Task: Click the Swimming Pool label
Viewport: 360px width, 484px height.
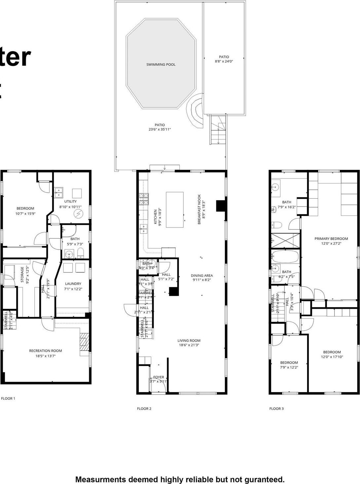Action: (161, 64)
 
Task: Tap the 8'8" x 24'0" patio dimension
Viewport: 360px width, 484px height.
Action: (224, 61)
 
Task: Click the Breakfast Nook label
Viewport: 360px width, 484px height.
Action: (199, 209)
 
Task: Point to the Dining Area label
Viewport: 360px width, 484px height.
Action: (202, 275)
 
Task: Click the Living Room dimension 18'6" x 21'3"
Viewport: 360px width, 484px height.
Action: (189, 345)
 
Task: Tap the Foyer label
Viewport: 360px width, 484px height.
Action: (159, 377)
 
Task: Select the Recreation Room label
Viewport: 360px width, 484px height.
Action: (46, 351)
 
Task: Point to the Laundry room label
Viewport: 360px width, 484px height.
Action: (73, 284)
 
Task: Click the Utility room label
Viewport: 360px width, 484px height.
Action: (70, 201)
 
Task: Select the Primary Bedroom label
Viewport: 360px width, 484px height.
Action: (331, 239)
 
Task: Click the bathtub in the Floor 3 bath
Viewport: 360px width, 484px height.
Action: (285, 256)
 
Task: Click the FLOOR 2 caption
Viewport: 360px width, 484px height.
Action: (144, 409)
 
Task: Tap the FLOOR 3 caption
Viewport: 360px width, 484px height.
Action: (276, 409)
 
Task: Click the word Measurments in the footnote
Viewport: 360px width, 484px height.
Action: (101, 479)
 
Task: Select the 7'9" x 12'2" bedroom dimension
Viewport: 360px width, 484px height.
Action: (289, 367)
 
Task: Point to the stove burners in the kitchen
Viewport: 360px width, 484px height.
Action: (144, 198)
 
